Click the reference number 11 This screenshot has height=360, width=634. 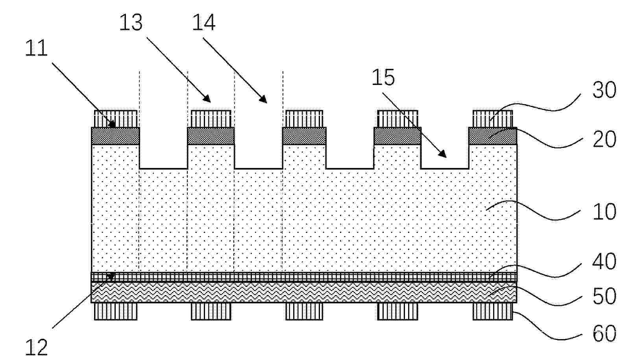[36, 48]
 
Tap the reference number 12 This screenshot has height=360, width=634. [36, 347]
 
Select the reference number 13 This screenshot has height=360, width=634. [131, 22]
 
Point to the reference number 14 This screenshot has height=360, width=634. [203, 22]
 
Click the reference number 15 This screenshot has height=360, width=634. [383, 77]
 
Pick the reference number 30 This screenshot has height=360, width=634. [604, 90]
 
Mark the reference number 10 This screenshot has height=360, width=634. [604, 211]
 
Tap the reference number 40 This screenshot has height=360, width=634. [604, 261]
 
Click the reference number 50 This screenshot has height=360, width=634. [604, 296]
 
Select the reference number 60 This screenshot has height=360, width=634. [604, 333]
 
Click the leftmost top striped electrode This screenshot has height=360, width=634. [116, 119]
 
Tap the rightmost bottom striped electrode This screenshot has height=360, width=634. [493, 311]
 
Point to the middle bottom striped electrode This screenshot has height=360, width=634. [304, 311]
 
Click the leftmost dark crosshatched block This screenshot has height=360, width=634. [115, 136]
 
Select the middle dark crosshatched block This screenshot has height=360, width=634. [304, 136]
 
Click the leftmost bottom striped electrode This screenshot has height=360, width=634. [116, 311]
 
